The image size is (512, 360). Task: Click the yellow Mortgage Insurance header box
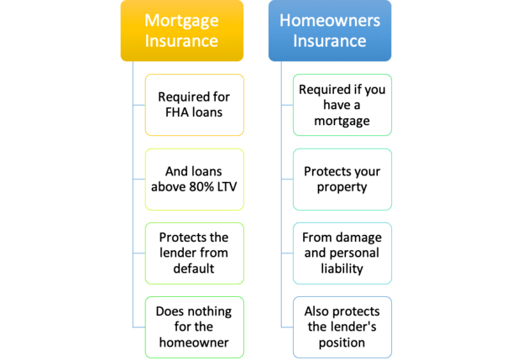tap(182, 30)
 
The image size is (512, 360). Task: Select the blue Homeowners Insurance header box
tap(330, 30)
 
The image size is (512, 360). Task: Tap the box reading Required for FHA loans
tap(194, 105)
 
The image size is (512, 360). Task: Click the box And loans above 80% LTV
tap(194, 180)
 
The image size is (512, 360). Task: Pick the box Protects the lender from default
tap(194, 253)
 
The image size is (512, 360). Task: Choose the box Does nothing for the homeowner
tap(194, 327)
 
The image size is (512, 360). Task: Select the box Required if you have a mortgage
tap(342, 105)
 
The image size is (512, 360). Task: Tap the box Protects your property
tap(342, 180)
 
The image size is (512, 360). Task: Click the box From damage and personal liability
tap(342, 253)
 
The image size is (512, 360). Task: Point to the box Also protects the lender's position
tap(342, 327)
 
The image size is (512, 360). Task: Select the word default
tap(194, 269)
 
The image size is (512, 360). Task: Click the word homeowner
tap(194, 342)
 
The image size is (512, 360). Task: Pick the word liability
tap(342, 269)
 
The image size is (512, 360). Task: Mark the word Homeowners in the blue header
tap(330, 20)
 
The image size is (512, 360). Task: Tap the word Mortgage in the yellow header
tap(181, 21)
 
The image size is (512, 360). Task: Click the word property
tap(342, 188)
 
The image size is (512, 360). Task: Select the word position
tap(342, 343)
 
